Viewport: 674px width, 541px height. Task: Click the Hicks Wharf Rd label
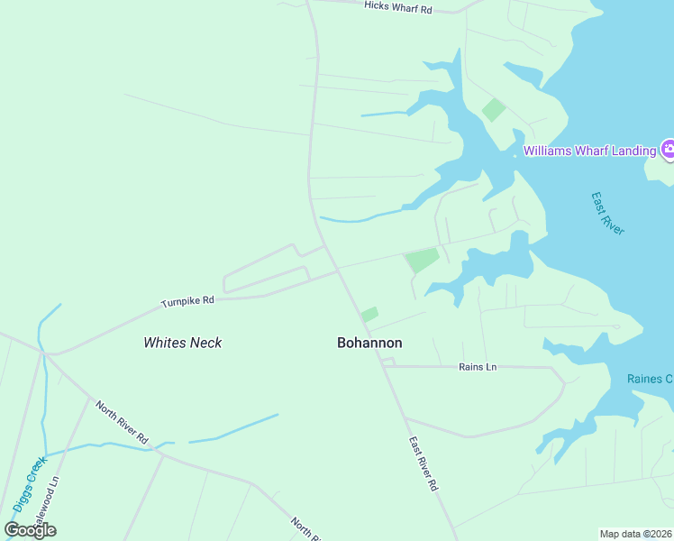coord(398,6)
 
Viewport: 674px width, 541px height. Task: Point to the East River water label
coord(607,214)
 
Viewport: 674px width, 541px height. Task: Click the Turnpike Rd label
coord(187,301)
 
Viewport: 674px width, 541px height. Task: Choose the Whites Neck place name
coord(183,343)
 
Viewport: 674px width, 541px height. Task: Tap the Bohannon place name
coord(369,343)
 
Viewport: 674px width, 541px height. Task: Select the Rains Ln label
coord(478,367)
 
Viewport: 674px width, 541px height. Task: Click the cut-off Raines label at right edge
coord(650,379)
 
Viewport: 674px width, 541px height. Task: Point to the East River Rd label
coord(423,463)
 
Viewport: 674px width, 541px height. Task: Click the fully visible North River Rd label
coord(122,423)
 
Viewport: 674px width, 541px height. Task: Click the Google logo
coord(31,530)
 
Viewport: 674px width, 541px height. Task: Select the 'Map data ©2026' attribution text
coord(636,534)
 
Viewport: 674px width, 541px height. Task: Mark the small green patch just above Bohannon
coord(369,315)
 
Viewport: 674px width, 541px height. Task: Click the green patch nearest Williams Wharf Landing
coord(493,110)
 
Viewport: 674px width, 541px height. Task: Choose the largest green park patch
coord(422,261)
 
